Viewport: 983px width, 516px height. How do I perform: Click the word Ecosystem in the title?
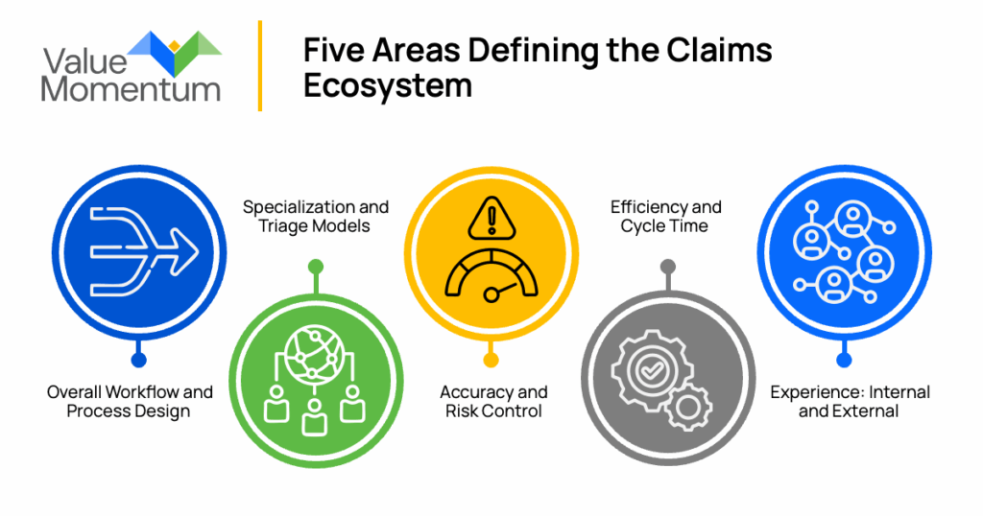[388, 85]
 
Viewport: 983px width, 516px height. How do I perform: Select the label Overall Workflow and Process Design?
[130, 402]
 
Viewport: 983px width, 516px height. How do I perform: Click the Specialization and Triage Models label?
[316, 217]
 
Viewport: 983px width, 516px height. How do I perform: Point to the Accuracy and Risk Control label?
[493, 402]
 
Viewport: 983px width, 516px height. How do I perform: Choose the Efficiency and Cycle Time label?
[666, 217]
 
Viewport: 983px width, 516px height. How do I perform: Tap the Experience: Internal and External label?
[849, 402]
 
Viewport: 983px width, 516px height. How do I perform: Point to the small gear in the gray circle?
[689, 407]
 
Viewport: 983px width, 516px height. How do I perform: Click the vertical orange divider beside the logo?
[260, 65]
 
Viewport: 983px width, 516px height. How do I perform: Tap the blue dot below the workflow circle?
[139, 361]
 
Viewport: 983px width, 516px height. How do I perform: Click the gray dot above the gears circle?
[668, 266]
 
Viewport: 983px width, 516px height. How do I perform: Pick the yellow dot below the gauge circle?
[491, 361]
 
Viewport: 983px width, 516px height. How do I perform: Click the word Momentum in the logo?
[131, 89]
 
